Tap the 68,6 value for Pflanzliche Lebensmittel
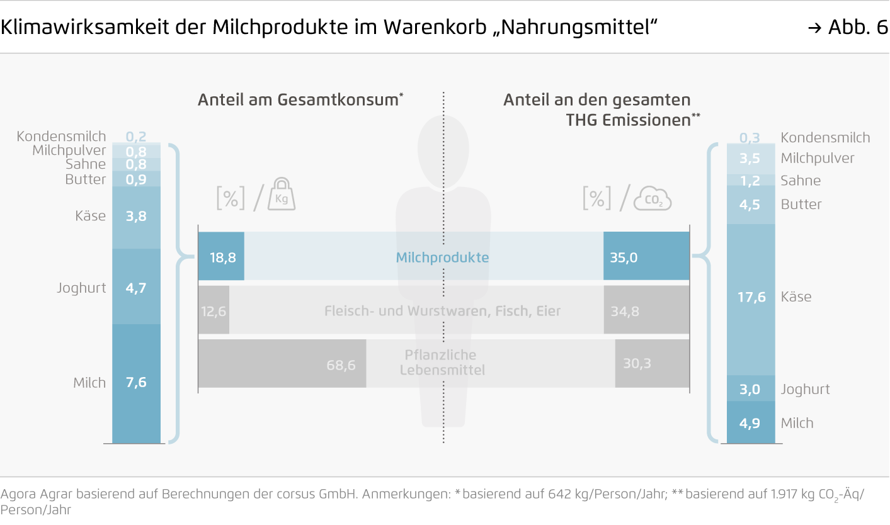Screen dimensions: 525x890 coord(341,364)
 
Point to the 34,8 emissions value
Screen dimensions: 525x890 coord(625,310)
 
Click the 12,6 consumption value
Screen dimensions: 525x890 coord(214,310)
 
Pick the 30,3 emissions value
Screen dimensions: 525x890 coord(637,363)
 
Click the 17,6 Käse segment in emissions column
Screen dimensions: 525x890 coord(751,297)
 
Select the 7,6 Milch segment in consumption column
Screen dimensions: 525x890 coord(136,382)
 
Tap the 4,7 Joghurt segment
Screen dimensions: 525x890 coord(136,288)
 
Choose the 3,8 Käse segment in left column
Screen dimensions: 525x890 coord(136,216)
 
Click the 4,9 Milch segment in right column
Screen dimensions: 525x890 coord(750,423)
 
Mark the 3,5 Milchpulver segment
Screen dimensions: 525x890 coord(750,158)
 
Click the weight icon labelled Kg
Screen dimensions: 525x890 coord(282,195)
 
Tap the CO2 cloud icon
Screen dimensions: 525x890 coord(653,199)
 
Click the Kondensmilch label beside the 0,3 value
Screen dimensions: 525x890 coord(825,138)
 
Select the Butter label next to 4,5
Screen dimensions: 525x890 coord(801,204)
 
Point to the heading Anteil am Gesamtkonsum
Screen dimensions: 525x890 coord(300,100)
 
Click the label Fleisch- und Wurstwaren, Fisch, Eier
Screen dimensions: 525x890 coord(442,311)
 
